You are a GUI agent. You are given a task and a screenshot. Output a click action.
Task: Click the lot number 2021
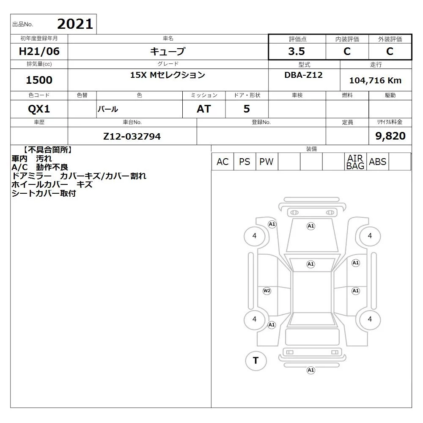75,24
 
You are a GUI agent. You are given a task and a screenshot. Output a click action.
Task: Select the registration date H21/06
39,51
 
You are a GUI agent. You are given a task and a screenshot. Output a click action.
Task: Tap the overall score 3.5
297,51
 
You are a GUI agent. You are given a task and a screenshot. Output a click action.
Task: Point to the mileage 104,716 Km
375,80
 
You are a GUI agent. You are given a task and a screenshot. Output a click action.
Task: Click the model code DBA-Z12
303,75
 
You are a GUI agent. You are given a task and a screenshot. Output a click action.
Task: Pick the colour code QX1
39,109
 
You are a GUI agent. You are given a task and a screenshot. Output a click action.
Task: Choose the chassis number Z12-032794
132,137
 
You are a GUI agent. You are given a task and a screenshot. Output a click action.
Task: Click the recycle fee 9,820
390,136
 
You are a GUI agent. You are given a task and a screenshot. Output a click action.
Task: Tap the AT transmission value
204,109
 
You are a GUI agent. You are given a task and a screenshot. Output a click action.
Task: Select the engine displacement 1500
39,80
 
